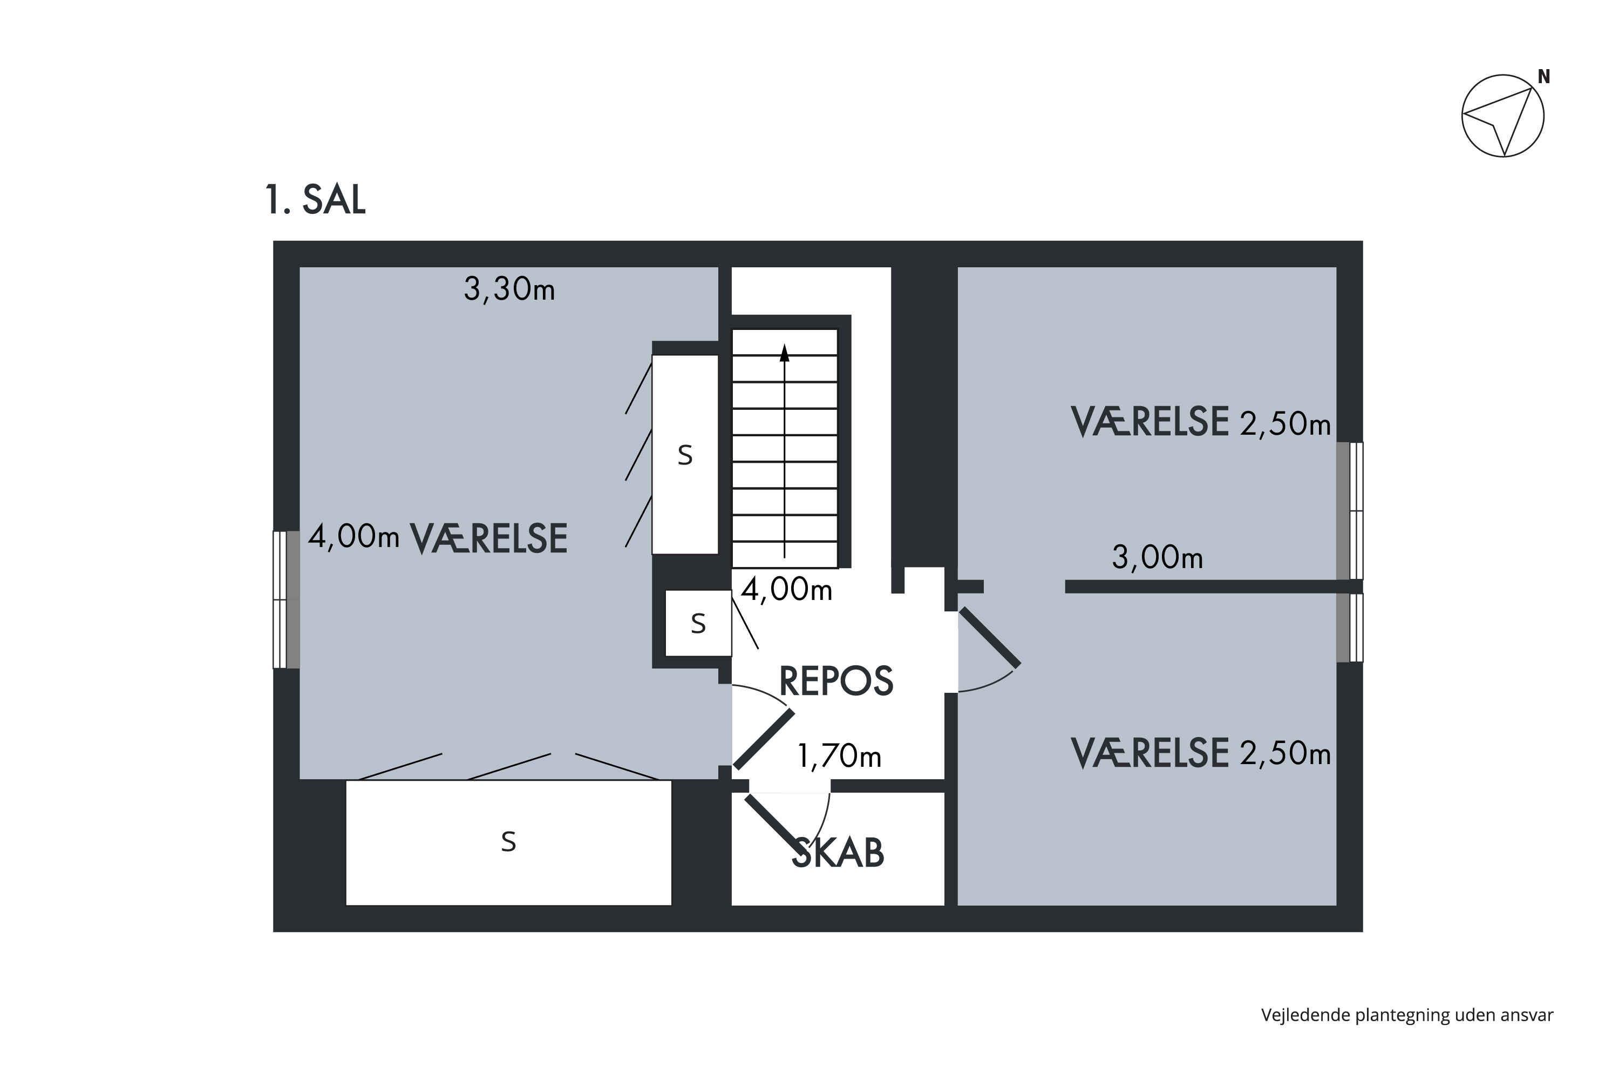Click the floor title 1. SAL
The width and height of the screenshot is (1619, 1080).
coord(315,200)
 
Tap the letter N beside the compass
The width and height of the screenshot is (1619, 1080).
coord(1544,77)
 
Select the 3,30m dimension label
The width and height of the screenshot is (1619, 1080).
coord(509,289)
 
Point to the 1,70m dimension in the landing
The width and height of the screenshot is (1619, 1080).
coord(839,757)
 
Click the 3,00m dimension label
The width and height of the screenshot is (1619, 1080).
coord(1158,557)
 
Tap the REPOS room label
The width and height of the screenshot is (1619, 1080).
coord(836,681)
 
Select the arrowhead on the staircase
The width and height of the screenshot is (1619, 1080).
coord(784,353)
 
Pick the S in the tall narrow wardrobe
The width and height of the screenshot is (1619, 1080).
coord(685,455)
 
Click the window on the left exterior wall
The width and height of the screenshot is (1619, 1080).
coord(287,599)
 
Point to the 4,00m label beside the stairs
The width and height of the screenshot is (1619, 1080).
coord(787,590)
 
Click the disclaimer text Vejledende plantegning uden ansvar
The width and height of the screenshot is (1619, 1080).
coord(1407,1015)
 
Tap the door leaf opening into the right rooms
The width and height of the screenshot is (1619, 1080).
coord(990,638)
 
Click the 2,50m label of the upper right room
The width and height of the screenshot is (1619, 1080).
coord(1285,423)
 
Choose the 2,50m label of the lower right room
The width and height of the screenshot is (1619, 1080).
coord(1285,753)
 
